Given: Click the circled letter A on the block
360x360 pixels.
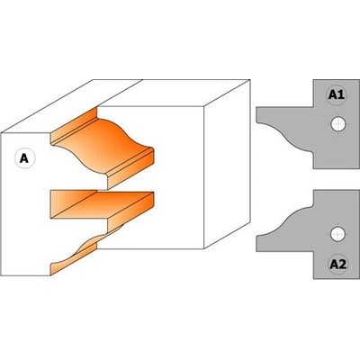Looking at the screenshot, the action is (x=24, y=158).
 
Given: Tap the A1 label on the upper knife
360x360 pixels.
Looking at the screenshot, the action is (x=337, y=95).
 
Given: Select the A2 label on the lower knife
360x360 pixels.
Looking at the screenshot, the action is (x=337, y=265).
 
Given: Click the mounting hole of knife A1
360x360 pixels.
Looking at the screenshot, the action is (x=338, y=123).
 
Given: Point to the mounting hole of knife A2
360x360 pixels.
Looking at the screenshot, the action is (x=338, y=234).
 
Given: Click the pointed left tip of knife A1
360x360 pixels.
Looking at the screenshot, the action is (x=256, y=121).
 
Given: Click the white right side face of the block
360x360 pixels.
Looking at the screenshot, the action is (x=227, y=165).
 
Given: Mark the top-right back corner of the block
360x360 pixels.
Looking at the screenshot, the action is (x=250, y=80).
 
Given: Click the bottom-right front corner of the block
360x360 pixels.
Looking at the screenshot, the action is (x=204, y=248).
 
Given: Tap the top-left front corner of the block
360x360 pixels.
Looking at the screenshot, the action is (x=2, y=133).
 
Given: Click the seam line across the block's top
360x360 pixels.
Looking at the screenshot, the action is (x=120, y=93).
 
